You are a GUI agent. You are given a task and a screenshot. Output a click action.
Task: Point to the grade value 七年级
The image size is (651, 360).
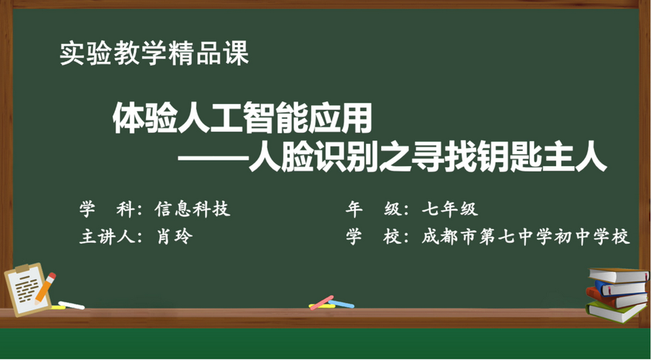[x=450, y=210]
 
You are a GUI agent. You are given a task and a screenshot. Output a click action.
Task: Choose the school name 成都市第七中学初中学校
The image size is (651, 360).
[x=526, y=237]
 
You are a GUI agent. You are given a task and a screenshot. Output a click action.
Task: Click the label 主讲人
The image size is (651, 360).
[x=106, y=237]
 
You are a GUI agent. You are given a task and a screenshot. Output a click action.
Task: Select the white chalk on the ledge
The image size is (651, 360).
[x=71, y=305]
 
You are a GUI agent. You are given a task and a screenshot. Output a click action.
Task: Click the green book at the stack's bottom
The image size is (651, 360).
[x=616, y=312]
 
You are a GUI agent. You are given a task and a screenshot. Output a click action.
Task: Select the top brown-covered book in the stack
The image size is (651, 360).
[x=616, y=275]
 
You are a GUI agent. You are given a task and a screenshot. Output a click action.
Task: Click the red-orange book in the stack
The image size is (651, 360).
[x=615, y=298]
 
